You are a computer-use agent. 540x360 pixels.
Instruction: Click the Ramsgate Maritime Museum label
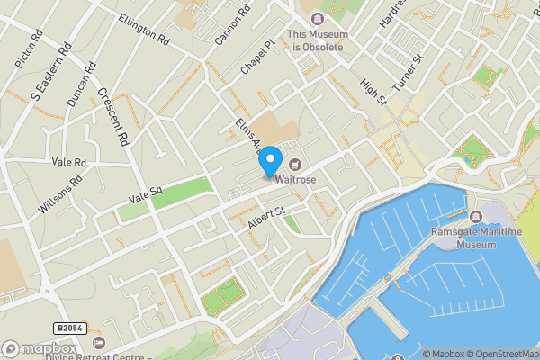(464, 238)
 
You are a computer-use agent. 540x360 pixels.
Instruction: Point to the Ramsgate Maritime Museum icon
(476, 217)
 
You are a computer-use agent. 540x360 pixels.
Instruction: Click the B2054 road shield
(68, 328)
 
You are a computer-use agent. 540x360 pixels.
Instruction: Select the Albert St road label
(266, 218)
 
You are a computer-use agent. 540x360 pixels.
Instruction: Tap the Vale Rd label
(68, 163)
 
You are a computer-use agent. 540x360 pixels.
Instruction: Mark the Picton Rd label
(29, 51)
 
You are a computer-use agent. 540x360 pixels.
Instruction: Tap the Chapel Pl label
(256, 58)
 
